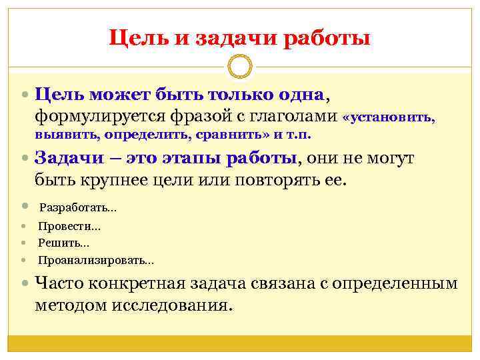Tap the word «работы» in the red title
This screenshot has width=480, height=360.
point(327,39)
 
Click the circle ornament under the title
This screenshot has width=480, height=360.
point(239,67)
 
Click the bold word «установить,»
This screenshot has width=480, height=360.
point(389,118)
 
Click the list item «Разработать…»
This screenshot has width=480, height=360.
point(77,208)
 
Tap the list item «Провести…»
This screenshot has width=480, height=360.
point(69,227)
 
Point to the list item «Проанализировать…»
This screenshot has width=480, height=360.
point(95,261)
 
